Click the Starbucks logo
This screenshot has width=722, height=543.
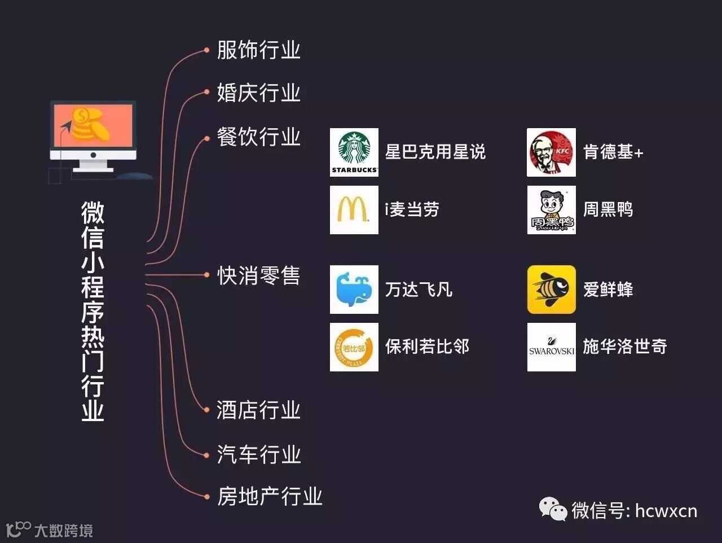click(354, 152)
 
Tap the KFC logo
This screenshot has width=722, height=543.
click(551, 152)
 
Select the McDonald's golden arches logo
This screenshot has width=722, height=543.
click(354, 210)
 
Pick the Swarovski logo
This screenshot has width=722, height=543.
click(551, 347)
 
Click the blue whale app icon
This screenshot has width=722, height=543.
click(354, 290)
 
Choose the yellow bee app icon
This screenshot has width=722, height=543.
click(551, 290)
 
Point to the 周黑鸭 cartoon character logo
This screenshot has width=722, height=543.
click(551, 210)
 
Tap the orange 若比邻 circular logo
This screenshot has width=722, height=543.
click(354, 347)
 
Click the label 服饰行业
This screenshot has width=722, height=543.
click(258, 50)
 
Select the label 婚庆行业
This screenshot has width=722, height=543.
click(258, 93)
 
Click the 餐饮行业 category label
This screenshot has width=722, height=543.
click(258, 137)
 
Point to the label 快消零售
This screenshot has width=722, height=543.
click(258, 276)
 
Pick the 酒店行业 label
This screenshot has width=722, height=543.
click(258, 410)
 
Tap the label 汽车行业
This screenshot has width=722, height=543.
click(258, 454)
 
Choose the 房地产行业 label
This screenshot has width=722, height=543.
click(270, 497)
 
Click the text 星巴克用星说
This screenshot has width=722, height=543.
click(435, 152)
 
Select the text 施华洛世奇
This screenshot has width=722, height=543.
click(624, 347)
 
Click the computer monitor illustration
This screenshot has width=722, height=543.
click(93, 135)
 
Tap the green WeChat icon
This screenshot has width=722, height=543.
click(553, 510)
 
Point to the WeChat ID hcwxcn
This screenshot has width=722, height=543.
click(666, 511)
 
